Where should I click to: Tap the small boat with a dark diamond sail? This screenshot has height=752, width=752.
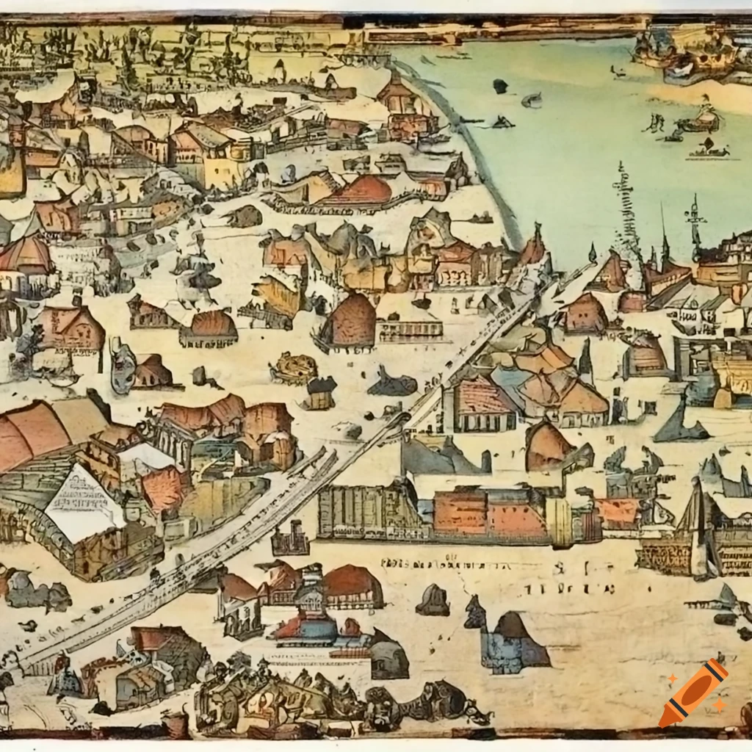click(x=709, y=148)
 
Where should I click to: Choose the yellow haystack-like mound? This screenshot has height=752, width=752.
click(x=294, y=367)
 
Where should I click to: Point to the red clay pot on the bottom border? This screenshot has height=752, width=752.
click(x=176, y=723)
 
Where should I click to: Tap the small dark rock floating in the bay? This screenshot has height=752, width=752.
click(x=500, y=86)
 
